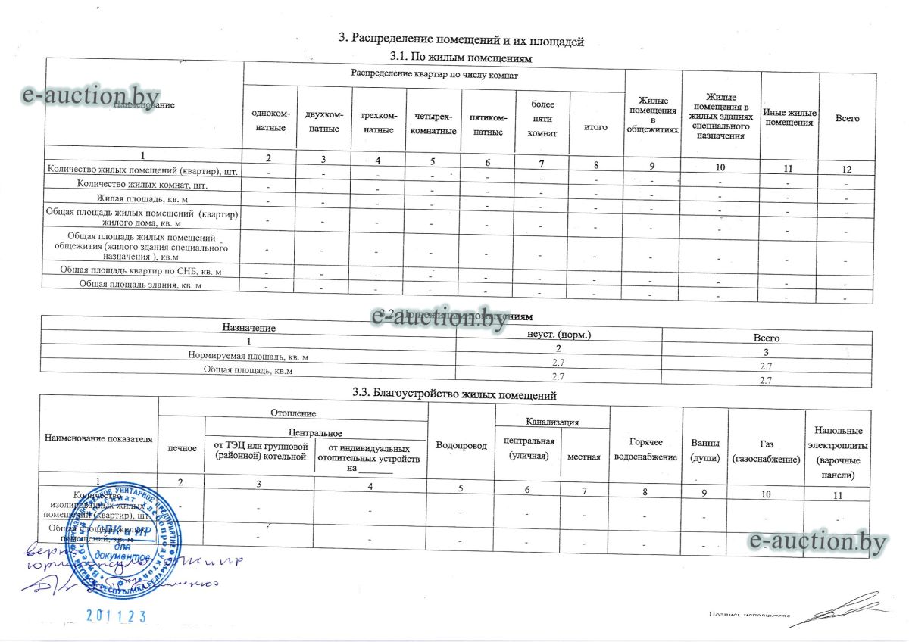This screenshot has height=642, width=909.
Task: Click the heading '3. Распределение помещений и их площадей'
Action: pyautogui.click(x=460, y=40)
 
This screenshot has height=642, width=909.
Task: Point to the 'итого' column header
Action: pyautogui.click(x=595, y=127)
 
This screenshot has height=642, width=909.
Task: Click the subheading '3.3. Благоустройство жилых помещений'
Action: pyautogui.click(x=454, y=394)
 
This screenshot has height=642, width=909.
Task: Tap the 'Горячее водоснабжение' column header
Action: pyautogui.click(x=645, y=450)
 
